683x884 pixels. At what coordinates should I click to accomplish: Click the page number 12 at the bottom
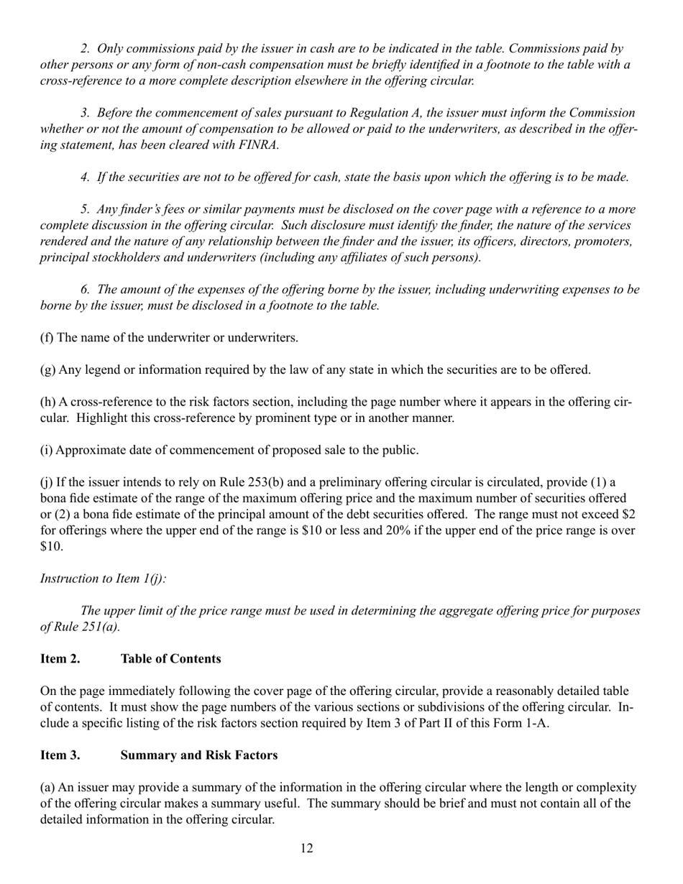point(307,849)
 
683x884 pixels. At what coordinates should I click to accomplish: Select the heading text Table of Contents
point(170,658)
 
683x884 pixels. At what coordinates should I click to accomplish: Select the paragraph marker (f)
point(47,337)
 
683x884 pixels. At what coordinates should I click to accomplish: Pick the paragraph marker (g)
point(48,370)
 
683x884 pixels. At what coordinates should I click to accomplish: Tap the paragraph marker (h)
point(48,402)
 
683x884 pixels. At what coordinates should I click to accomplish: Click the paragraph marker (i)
point(46,451)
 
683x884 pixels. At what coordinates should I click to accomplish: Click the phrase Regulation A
point(385,113)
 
